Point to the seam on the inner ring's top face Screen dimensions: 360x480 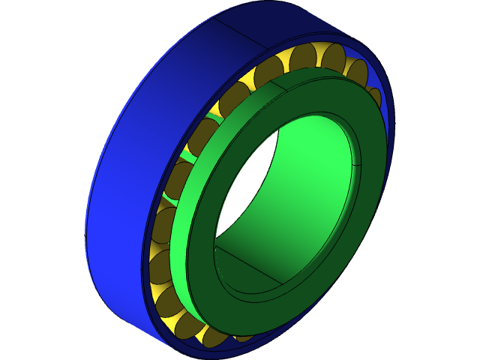[x=279, y=84]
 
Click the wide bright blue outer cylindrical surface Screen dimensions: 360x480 [x=127, y=150]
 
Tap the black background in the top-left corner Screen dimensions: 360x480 [x=22, y=22]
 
